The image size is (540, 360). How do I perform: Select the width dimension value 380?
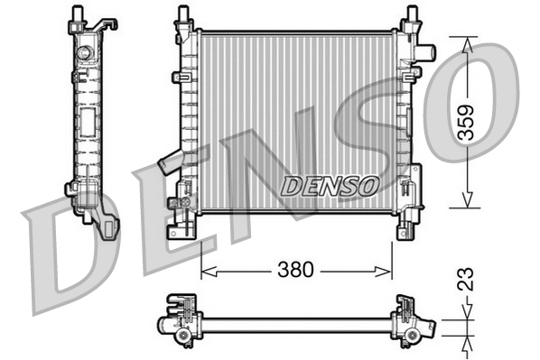(x=294, y=269)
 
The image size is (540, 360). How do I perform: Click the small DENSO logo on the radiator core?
(x=328, y=186)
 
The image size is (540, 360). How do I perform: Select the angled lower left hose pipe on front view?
(x=171, y=163)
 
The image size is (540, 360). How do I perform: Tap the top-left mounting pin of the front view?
(x=183, y=15)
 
